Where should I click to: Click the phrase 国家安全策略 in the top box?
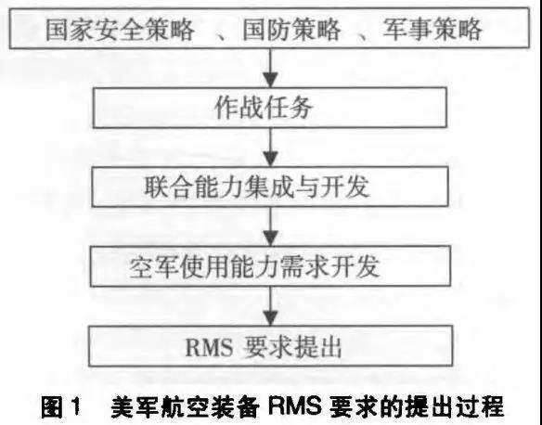pos(120,30)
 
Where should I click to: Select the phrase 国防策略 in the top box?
pos(292,30)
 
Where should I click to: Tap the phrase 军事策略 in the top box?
pos(432,30)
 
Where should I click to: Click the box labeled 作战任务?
pos(270,108)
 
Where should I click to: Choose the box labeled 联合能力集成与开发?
pos(270,187)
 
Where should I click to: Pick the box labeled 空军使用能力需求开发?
pos(270,266)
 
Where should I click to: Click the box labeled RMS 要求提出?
pos(271,346)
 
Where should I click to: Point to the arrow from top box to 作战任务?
pos(270,68)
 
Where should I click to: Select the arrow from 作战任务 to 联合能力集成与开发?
pos(270,148)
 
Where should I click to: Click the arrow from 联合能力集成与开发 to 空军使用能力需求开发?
pos(270,226)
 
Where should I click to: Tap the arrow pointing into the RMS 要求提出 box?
pos(270,306)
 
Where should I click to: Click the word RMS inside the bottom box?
pos(209,347)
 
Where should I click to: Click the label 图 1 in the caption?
pos(61,407)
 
